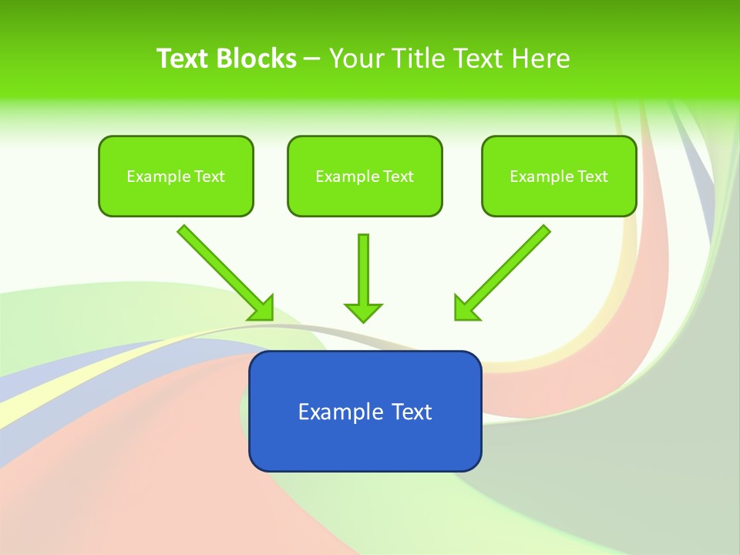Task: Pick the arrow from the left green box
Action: [x=224, y=271]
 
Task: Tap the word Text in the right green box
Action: [x=593, y=177]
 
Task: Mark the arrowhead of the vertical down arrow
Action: [x=363, y=311]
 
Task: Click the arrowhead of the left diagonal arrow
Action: [x=262, y=308]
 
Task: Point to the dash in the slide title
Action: [x=312, y=59]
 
